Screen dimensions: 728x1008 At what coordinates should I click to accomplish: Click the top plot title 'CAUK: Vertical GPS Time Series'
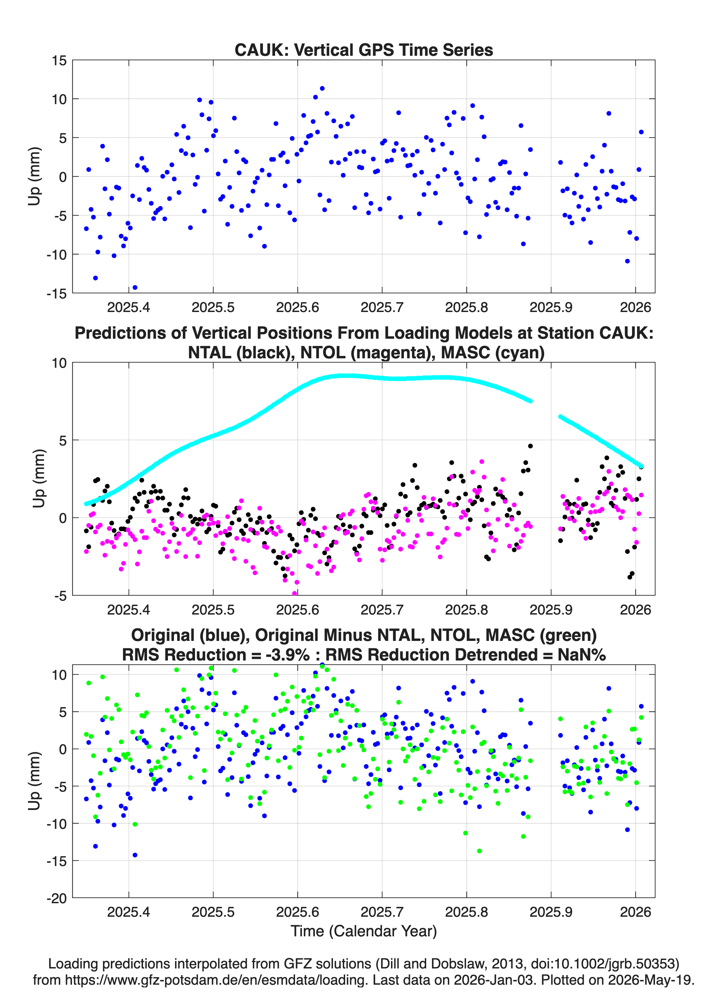click(364, 50)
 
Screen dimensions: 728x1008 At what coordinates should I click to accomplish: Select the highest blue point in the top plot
click(322, 89)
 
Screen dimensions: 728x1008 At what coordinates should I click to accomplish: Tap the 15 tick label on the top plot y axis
click(59, 61)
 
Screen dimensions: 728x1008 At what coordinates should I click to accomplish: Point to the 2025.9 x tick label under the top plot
click(551, 307)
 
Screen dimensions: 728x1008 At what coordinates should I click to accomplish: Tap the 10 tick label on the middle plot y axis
click(59, 363)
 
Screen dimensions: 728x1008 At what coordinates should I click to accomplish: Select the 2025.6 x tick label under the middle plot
click(297, 609)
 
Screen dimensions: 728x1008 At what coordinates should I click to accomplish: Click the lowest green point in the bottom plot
click(479, 851)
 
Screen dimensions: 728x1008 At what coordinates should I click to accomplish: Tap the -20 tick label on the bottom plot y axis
click(57, 898)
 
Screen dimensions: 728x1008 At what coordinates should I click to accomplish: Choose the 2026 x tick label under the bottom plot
click(635, 912)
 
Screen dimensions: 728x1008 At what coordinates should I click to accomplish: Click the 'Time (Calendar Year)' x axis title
click(364, 931)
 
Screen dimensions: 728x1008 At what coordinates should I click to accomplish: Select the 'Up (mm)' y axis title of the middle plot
click(39, 479)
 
